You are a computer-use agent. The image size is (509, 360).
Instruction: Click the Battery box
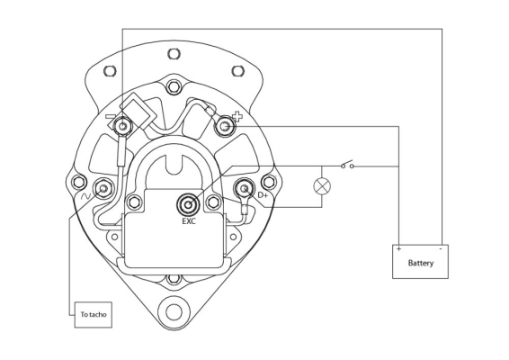tap(420, 262)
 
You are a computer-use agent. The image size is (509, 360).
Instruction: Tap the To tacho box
tap(94, 314)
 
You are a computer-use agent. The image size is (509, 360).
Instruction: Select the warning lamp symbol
tap(322, 186)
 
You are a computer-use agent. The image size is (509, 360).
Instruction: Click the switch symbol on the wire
tap(347, 165)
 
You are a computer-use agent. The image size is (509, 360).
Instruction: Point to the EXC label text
tap(189, 221)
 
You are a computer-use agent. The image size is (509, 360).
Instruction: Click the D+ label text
tap(263, 195)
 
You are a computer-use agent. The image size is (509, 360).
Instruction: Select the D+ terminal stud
tap(245, 188)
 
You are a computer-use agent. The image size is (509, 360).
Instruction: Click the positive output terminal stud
tap(225, 126)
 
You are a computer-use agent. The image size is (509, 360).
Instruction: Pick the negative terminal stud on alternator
tap(122, 126)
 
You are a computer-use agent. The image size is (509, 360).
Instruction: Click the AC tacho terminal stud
tap(103, 188)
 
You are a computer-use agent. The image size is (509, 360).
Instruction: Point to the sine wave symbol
tap(85, 196)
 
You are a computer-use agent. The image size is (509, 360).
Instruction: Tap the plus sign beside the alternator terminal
tap(237, 117)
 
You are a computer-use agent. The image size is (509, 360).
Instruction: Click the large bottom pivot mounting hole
tap(174, 312)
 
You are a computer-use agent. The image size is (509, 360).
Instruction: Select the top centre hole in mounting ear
tap(174, 54)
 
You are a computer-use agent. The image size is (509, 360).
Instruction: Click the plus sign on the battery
tap(399, 249)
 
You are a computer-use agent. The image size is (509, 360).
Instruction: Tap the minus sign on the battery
tap(441, 249)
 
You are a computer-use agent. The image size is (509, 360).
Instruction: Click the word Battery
tap(420, 263)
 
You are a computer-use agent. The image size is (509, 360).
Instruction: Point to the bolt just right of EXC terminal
tap(213, 202)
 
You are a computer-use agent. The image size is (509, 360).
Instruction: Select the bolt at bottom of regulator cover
tap(174, 279)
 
